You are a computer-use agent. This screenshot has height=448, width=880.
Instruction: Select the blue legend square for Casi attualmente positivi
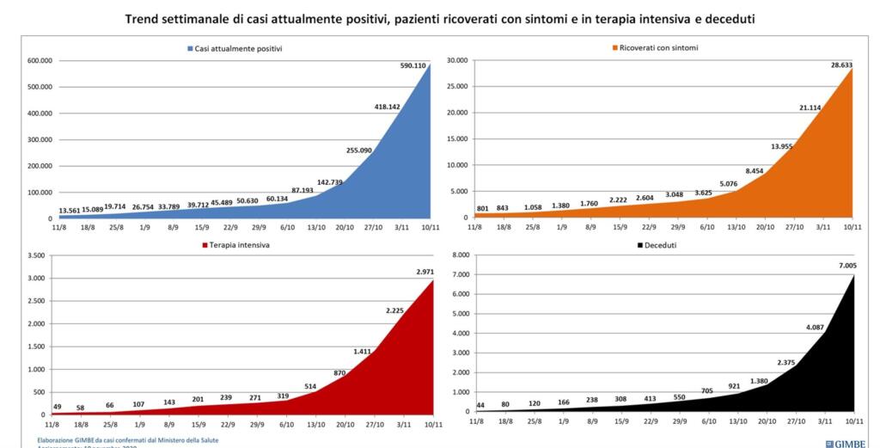click(191, 49)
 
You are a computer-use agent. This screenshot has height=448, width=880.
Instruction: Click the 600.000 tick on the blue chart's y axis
click(40, 61)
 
